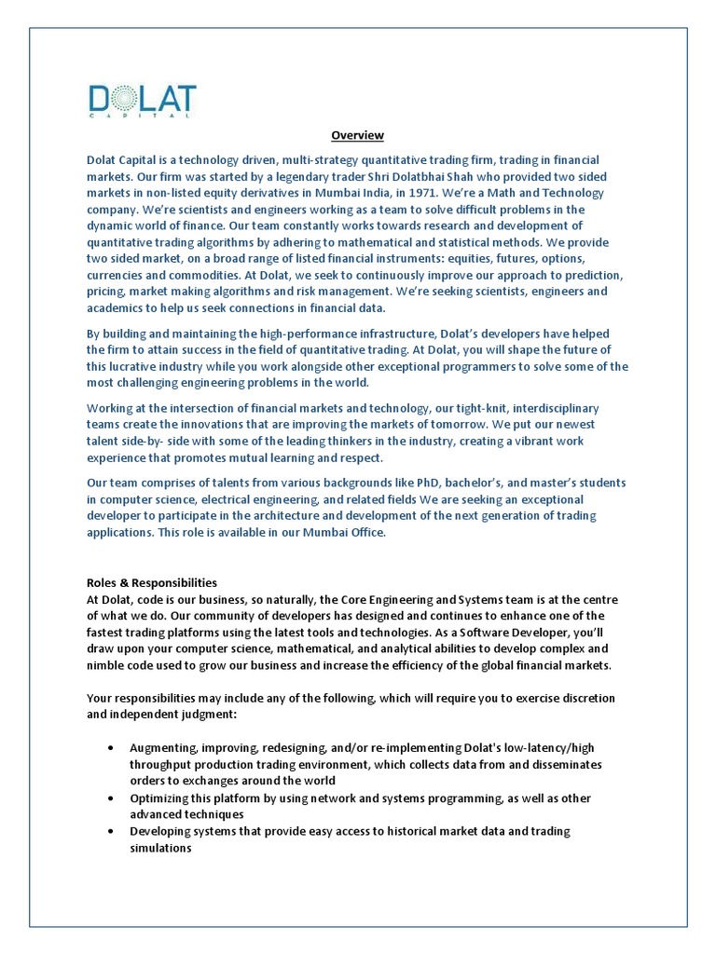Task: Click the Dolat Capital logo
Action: pos(142,101)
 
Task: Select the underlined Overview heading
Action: pos(358,136)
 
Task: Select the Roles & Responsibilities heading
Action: pos(152,582)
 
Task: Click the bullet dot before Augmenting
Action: pos(112,748)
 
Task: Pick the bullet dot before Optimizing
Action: pos(112,798)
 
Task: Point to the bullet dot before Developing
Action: pos(112,831)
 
